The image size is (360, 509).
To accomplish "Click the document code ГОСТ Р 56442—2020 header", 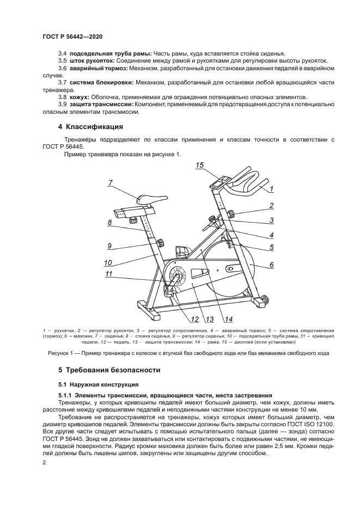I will tap(72, 36).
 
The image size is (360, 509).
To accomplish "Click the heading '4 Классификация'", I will tap(91, 127).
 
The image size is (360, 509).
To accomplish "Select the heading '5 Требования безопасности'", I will tap(109, 370).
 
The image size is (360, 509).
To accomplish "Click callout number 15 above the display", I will tap(199, 165).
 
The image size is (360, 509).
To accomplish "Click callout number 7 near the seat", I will tap(110, 183).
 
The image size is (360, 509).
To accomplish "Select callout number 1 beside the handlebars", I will tap(271, 189).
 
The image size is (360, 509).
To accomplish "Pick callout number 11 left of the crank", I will tap(109, 274).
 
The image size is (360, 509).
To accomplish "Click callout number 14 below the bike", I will tap(229, 319).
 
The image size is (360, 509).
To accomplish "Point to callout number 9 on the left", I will tap(109, 246).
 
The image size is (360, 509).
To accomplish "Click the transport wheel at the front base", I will tap(265, 299).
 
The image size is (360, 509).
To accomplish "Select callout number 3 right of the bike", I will tap(271, 220).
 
